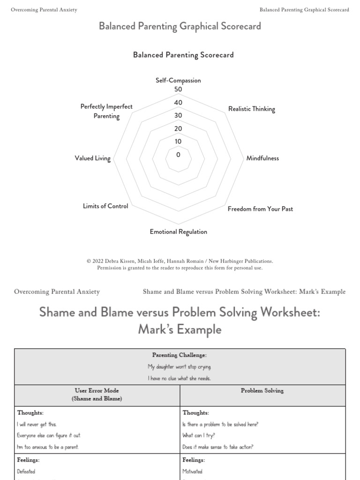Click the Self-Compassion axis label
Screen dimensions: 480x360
[178, 81]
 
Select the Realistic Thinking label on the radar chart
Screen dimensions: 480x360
[252, 109]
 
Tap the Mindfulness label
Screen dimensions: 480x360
[262, 158]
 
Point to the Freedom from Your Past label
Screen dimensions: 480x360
[260, 209]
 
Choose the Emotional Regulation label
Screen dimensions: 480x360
[178, 232]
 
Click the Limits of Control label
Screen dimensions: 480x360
[105, 206]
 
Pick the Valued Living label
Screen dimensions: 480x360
[92, 158]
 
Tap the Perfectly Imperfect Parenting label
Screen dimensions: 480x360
[106, 112]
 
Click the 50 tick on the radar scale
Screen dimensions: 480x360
[178, 90]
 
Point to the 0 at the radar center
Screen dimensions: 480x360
[178, 155]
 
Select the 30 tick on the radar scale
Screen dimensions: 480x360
[178, 116]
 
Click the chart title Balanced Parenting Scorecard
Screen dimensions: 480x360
[183, 55]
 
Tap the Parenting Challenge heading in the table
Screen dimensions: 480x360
[180, 355]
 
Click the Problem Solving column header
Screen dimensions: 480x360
[262, 390]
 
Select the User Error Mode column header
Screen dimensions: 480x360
[97, 394]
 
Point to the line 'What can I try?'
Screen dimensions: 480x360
[199, 435]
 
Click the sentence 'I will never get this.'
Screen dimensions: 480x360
[37, 424]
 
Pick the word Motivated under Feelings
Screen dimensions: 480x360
[192, 472]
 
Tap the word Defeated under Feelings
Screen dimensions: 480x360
[26, 472]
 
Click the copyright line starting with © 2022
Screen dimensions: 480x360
[180, 261]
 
